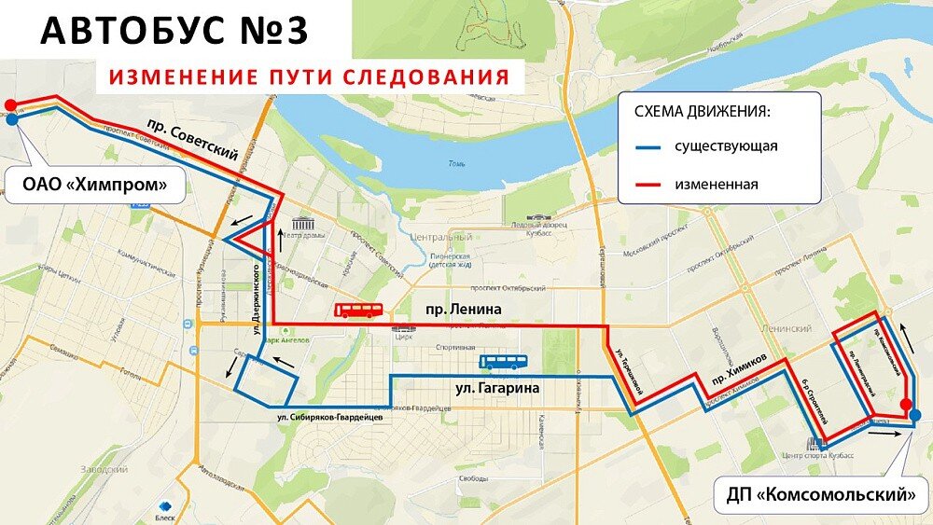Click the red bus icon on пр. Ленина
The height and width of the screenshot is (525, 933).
coord(358,311)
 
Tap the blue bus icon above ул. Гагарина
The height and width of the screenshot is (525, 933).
coord(503,362)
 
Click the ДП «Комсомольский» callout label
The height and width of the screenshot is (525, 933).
coord(821,494)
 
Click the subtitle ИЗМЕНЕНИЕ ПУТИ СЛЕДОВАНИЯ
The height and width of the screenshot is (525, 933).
coord(309,76)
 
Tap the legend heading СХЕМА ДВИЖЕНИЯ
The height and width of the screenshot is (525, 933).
coord(702,111)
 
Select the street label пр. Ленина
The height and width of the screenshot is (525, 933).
coord(463,309)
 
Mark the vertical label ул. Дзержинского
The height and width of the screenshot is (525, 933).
coord(254,292)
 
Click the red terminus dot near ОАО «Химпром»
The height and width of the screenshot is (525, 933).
coord(10,104)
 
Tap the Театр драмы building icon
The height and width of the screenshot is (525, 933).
coord(301,224)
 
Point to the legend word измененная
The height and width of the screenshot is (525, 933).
coord(716,185)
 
